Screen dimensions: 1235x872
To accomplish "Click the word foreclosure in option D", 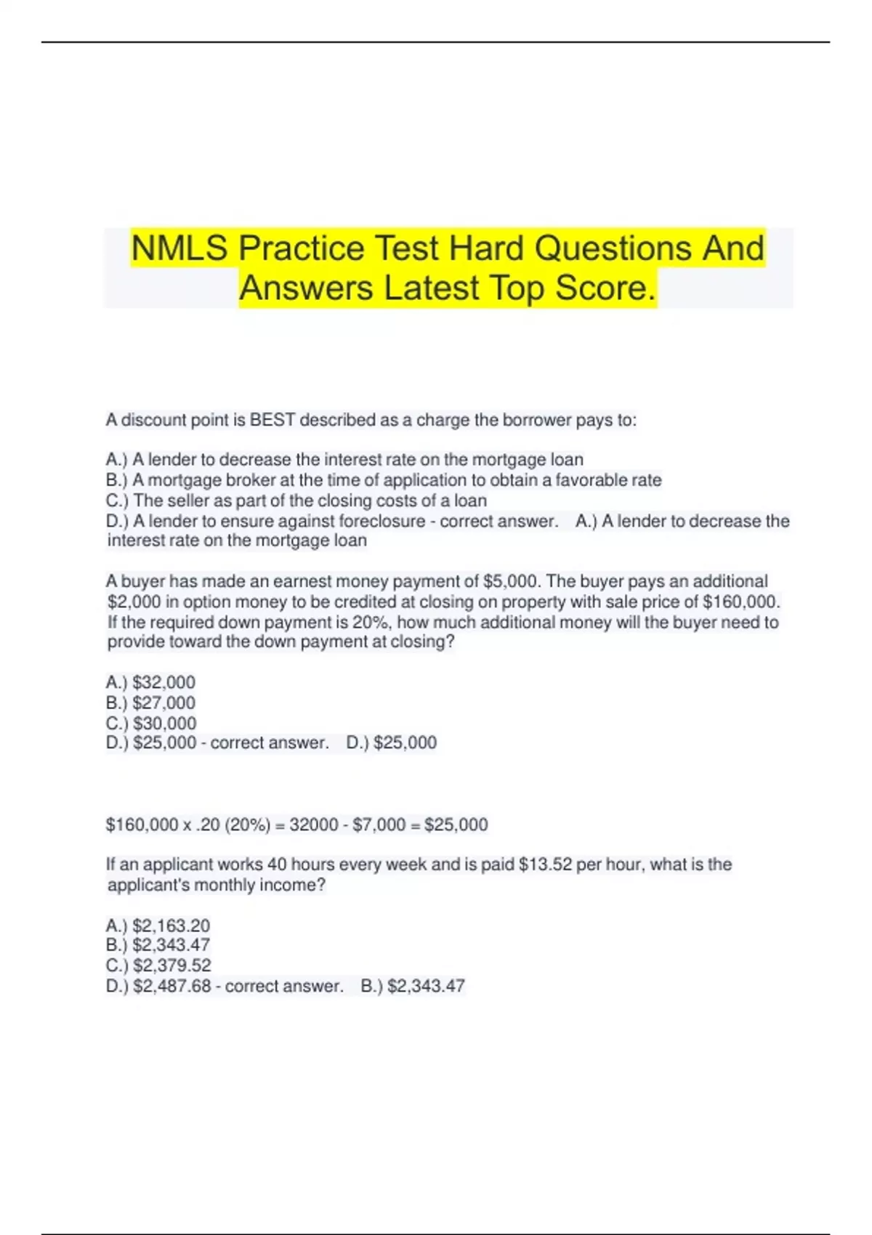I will pyautogui.click(x=382, y=521).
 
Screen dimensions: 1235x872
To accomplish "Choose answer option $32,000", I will pyautogui.click(x=163, y=682).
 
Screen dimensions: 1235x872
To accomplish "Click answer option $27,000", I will pyautogui.click(x=163, y=702).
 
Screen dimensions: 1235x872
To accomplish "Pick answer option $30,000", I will pyautogui.click(x=164, y=723).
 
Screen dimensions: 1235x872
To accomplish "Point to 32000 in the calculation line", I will pyautogui.click(x=314, y=825).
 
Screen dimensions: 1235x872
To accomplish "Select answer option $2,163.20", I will pyautogui.click(x=171, y=926).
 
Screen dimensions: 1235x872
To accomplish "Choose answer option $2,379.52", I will pyautogui.click(x=171, y=965).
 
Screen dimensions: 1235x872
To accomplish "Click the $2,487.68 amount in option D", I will pyautogui.click(x=171, y=986).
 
